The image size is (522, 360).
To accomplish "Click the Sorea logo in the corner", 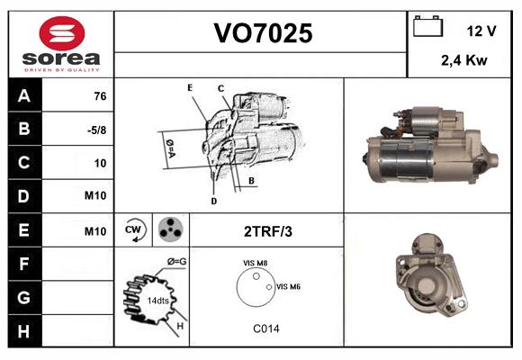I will click(x=60, y=45).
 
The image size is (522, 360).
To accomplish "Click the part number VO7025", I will click(x=262, y=33).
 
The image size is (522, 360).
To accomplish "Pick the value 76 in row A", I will click(x=100, y=96).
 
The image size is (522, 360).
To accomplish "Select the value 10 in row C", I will click(x=100, y=163).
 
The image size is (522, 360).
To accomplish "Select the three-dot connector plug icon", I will click(x=169, y=230).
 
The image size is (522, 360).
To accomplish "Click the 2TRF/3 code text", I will click(x=267, y=231).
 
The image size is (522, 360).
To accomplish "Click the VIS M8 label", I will click(x=256, y=263).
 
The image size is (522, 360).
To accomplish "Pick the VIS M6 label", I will click(x=288, y=286).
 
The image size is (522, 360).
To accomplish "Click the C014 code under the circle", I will click(x=265, y=328).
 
